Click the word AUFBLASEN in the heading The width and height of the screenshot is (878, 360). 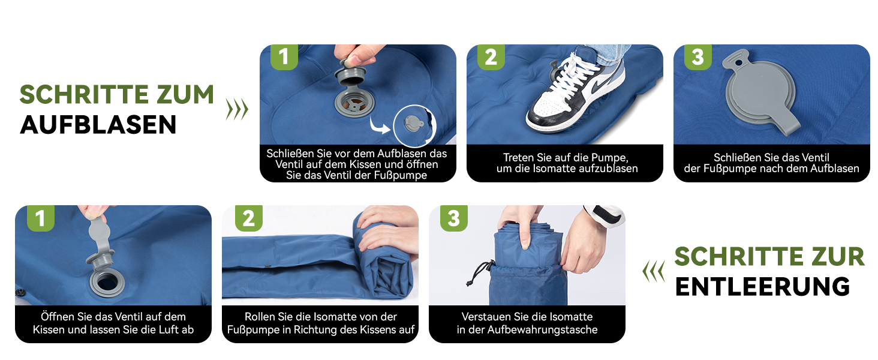(98, 125)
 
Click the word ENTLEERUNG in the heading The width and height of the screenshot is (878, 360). (762, 287)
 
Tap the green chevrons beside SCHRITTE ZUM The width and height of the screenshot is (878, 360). (237, 109)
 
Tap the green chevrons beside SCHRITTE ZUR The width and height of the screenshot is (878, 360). (654, 271)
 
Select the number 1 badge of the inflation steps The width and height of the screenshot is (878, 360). (284, 57)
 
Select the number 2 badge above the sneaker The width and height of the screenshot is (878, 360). (491, 57)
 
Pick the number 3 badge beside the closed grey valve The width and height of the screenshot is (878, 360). (697, 57)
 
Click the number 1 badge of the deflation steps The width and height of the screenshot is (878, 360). (40, 218)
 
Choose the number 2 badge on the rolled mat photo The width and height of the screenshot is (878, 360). (248, 218)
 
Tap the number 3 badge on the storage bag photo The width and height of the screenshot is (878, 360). (454, 218)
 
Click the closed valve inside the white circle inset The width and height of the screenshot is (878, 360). (414, 124)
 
